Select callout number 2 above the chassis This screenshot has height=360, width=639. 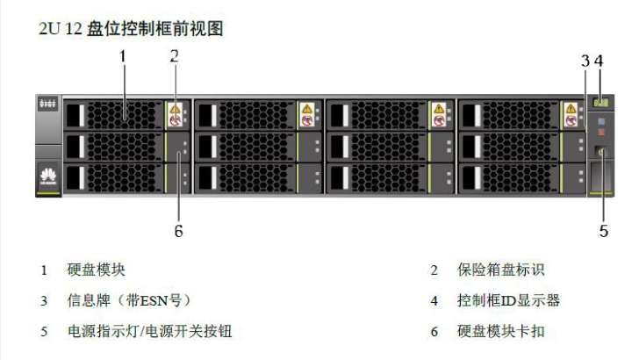(174, 55)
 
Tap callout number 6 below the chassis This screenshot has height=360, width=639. (178, 232)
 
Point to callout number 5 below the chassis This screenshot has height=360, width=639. (604, 231)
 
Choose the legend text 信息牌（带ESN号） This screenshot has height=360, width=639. (129, 300)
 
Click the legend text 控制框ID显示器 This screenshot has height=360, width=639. (508, 300)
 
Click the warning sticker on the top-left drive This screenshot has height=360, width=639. (175, 113)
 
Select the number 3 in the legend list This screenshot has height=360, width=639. (43, 301)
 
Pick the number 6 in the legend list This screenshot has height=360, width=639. (434, 332)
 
